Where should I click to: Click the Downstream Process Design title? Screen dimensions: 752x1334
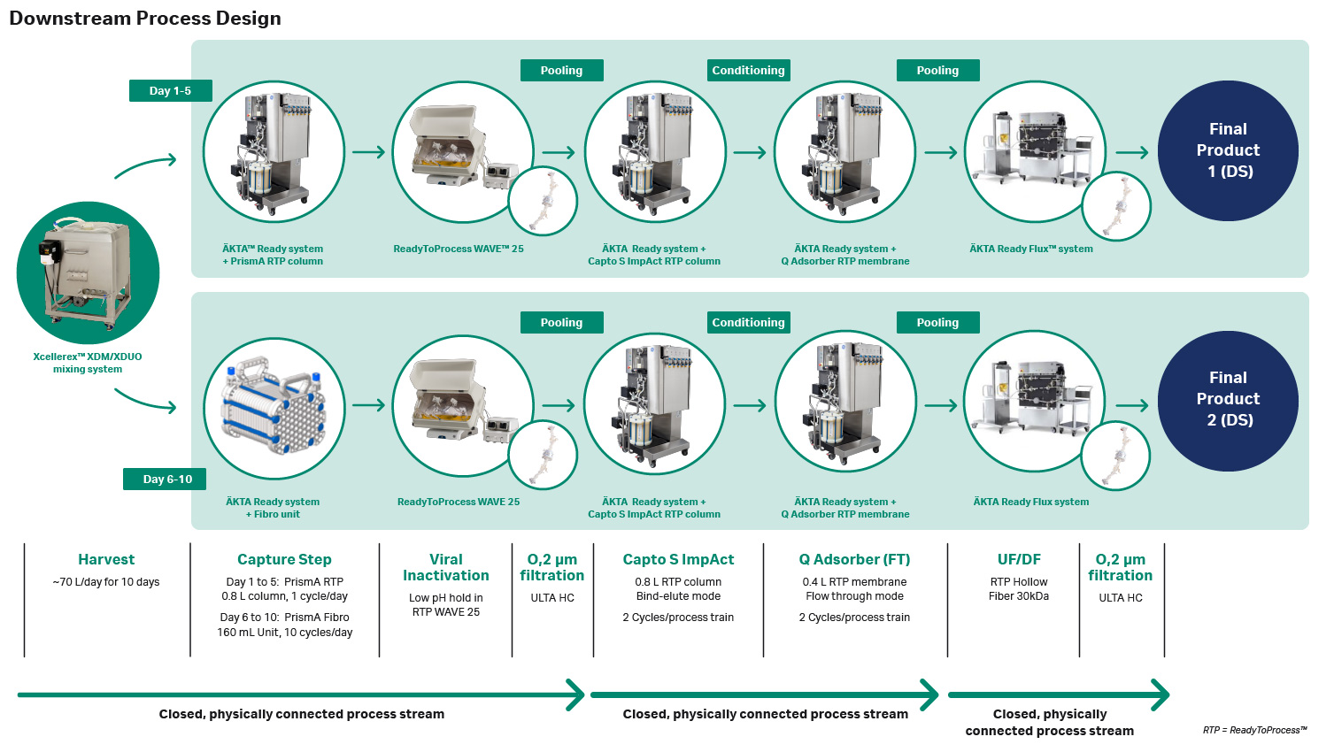coord(145,19)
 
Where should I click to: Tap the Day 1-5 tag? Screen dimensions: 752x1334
coord(170,90)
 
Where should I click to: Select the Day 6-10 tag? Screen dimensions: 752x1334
coord(167,479)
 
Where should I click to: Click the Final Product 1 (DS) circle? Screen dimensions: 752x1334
coord(1228,150)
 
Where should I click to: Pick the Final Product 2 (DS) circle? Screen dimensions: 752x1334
coord(1228,400)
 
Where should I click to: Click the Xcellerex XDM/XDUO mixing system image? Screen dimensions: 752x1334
coord(88,272)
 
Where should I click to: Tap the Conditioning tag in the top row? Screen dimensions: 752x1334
coord(748,70)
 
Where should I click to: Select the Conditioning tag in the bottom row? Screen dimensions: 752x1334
coord(748,322)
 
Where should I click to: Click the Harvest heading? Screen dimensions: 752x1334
coord(106,559)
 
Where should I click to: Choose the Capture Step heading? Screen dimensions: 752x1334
coord(284,559)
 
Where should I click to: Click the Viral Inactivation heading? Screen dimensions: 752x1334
coord(446,567)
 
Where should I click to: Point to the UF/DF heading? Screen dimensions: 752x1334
coord(1019,559)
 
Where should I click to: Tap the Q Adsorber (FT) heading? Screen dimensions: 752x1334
coord(854,559)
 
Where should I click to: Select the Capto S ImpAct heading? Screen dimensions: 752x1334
coord(678,559)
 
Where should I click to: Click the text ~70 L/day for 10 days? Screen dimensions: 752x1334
coord(106,582)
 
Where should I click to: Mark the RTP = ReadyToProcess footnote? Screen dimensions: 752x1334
coord(1254,730)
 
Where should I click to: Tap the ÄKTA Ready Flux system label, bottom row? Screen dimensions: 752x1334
coord(1031,502)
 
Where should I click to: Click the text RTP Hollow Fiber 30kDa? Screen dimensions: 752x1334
coord(1019,589)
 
